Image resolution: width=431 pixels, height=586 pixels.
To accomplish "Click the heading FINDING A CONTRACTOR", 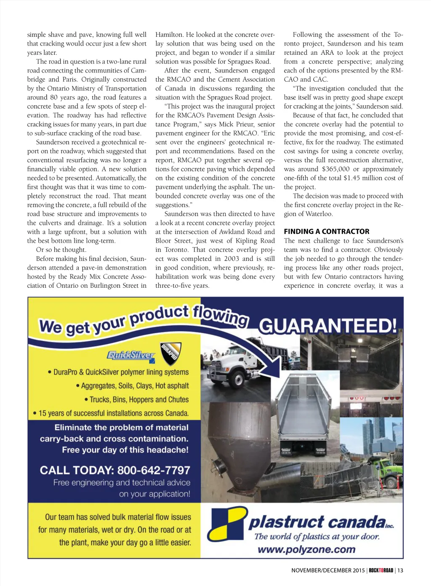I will coord(326,231).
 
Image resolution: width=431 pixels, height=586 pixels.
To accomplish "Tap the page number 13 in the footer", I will coord(400,570).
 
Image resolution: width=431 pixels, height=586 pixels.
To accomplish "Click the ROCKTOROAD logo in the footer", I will coord(381,570).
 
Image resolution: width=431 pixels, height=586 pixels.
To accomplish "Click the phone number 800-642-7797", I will coord(154,470).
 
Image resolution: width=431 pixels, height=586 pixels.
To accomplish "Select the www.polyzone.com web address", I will coord(306,549).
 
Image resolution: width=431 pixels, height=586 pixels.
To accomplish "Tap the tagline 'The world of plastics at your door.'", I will coord(317,537).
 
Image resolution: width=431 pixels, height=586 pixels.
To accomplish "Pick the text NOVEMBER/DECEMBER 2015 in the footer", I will coord(328,570).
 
